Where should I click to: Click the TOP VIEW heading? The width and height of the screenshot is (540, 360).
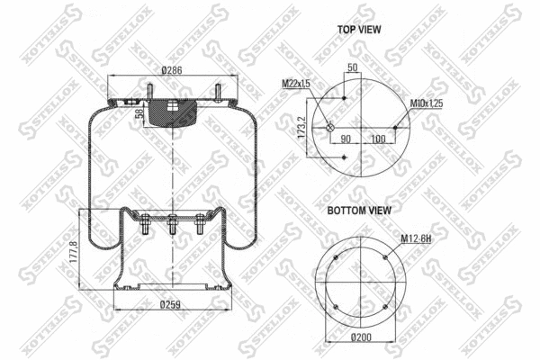(359, 30)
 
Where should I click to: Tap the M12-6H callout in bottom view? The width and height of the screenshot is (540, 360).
(416, 238)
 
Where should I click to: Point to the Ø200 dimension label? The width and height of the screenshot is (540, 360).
(361, 337)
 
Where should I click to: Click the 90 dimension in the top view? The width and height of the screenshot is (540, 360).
(345, 139)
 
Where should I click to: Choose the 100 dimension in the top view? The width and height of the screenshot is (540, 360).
(377, 139)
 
